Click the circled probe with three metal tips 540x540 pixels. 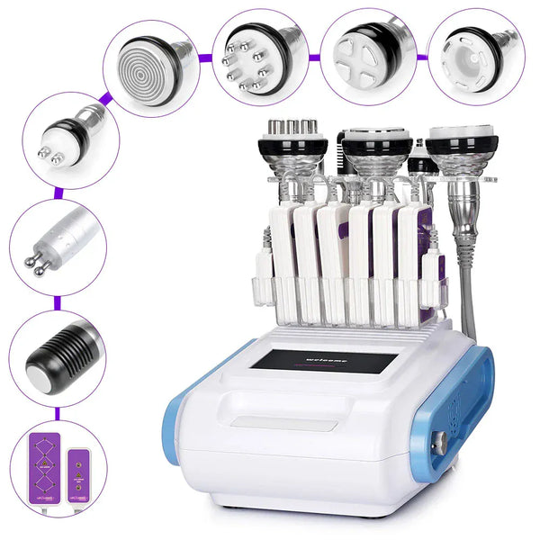[x=63, y=137]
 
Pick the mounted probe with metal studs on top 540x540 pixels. [x=292, y=144]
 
